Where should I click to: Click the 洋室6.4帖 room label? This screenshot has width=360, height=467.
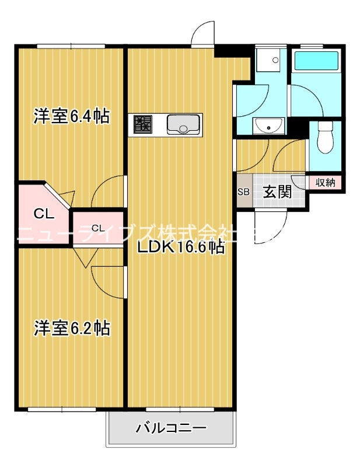click(71, 116)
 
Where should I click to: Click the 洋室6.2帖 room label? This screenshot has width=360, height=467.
click(72, 328)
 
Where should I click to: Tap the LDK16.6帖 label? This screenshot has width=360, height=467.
click(180, 246)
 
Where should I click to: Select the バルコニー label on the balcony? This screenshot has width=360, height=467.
click(171, 428)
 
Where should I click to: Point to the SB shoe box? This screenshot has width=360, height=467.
click(243, 191)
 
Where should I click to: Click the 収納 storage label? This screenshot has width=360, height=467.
click(325, 182)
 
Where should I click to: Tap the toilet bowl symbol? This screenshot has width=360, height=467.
click(325, 137)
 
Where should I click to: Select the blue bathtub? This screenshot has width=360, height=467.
click(316, 61)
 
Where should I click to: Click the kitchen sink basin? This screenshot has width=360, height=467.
click(183, 124)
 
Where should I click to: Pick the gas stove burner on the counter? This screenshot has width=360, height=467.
click(142, 124)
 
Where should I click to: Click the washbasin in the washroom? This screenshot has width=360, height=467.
click(268, 126)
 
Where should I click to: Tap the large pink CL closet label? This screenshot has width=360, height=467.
click(44, 214)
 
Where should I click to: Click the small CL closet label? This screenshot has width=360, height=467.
click(98, 228)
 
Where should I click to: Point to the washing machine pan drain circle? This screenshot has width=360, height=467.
click(275, 60)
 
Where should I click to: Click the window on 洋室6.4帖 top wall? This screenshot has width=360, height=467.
click(71, 47)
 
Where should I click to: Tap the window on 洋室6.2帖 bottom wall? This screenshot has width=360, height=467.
click(62, 409)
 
